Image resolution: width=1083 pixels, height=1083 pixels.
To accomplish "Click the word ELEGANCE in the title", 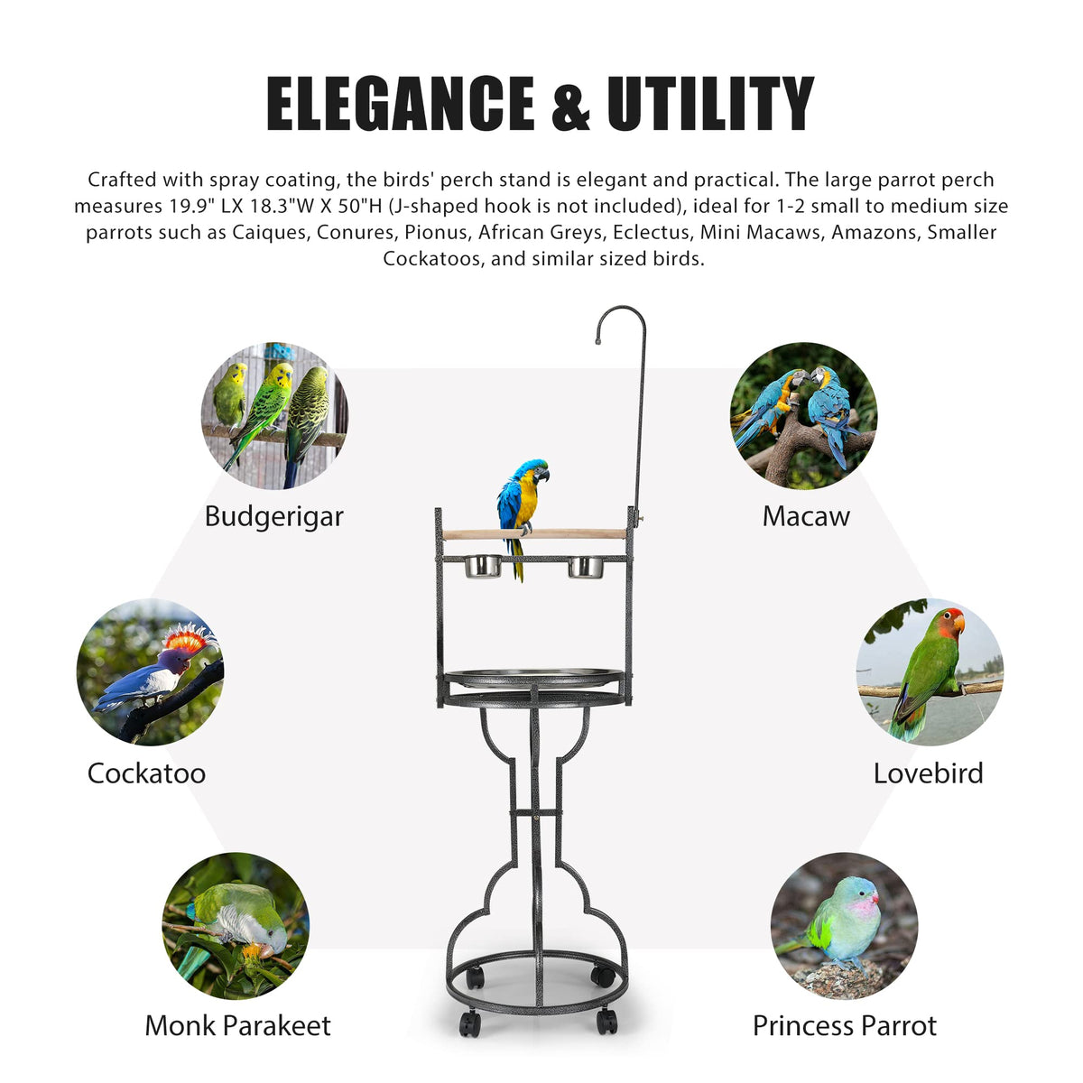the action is coord(400,104).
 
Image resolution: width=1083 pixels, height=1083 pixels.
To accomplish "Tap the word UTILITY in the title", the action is coord(710,104).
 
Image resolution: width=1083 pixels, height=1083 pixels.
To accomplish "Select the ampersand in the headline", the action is coord(570,105).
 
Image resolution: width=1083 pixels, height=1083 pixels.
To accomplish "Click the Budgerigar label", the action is coord(273,516).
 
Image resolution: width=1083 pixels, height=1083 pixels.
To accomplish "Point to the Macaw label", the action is coord(806,516).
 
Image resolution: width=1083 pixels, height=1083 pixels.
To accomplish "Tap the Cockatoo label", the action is coord(146,773).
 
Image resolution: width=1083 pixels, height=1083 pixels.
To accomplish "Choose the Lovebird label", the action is coord(929,773).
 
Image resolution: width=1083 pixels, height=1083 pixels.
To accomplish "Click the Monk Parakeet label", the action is coord(237,1025).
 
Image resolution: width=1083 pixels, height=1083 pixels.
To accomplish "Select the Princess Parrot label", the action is coord(844,1025).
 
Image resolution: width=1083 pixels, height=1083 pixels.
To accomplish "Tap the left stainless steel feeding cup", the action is coord(483,567).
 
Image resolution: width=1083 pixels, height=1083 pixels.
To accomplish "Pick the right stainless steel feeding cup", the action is coord(585,567).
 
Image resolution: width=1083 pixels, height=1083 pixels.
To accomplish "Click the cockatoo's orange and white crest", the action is coord(190,639).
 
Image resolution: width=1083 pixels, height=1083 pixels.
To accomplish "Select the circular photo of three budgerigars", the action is coord(274,416).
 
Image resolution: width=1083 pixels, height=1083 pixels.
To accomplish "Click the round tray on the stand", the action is coord(534,679).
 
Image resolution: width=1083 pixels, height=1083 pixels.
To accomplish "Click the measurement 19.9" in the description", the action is coord(193,207).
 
